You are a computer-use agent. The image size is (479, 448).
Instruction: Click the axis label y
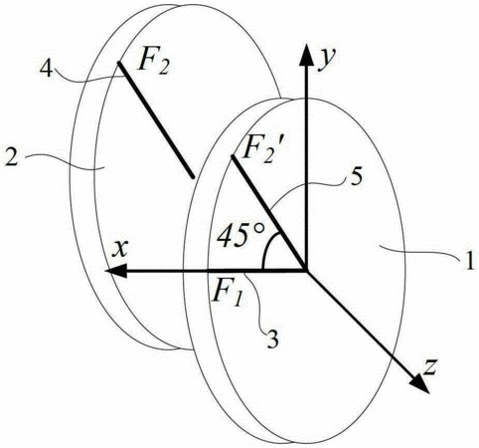click(327, 60)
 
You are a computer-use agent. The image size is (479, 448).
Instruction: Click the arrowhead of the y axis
click(306, 55)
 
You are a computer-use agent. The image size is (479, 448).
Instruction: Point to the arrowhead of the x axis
click(116, 271)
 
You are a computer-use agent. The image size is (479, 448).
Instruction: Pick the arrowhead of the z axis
click(419, 383)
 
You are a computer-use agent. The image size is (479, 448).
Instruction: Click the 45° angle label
click(241, 234)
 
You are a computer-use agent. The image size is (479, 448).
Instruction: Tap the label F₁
click(228, 293)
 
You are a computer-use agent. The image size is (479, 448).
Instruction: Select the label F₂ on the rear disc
click(154, 62)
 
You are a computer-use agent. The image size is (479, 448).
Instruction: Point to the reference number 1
click(469, 260)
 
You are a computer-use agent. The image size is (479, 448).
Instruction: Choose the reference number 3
click(272, 338)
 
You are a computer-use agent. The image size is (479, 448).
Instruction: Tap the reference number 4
click(46, 69)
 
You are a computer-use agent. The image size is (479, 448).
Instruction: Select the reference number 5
click(355, 178)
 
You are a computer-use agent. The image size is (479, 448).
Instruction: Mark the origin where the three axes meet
click(306, 271)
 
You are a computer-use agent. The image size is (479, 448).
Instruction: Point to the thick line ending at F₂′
click(269, 213)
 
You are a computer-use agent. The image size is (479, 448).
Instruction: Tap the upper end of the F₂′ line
click(233, 156)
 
